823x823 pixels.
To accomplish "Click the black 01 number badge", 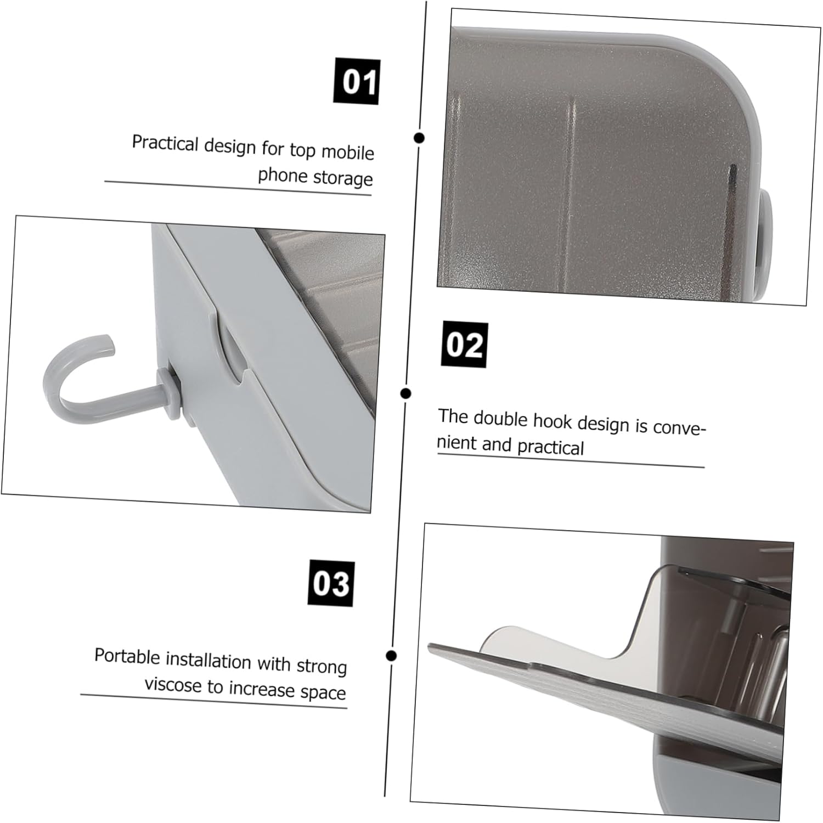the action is [357, 81].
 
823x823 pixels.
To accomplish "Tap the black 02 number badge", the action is [465, 345].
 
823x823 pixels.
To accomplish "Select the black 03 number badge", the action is [331, 583].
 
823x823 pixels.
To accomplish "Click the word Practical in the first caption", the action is [166, 144].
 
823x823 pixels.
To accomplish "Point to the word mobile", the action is [348, 152].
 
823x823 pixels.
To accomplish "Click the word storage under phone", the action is [342, 178].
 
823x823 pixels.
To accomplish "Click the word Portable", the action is [127, 656].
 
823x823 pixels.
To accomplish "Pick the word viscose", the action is [173, 684].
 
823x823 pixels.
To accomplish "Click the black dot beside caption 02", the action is [406, 393].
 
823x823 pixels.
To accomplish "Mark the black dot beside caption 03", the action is [391, 656].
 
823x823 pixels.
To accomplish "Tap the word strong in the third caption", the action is [322, 666].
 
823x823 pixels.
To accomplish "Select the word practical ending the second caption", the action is [550, 447].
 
